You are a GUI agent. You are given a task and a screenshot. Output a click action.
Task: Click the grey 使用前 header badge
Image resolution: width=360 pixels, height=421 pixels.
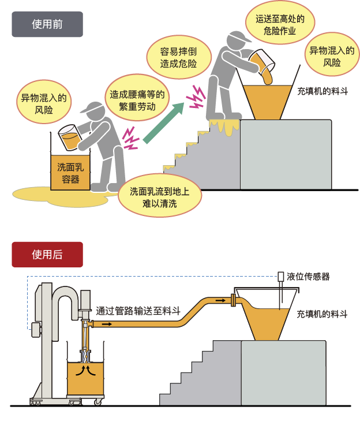pos(47,24)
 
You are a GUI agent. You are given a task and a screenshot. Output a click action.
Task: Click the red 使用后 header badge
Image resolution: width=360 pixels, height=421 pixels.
pos(47,255)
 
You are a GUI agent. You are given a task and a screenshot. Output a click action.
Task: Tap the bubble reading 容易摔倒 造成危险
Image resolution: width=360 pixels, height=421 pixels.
pos(179,57)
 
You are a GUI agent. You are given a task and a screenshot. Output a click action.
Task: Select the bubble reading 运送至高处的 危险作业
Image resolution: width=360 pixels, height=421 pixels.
pos(280,25)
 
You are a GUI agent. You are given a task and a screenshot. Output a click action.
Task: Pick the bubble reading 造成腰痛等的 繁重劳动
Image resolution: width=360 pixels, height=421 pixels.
pos(137,100)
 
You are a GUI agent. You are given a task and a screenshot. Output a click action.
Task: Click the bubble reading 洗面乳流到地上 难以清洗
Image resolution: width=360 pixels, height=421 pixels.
pos(160,197)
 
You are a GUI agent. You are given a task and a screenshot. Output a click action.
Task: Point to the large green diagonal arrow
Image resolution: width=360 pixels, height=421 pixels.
pos(164,122)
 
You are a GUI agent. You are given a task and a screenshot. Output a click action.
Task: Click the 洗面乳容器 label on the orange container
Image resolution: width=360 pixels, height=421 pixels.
pos(70,173)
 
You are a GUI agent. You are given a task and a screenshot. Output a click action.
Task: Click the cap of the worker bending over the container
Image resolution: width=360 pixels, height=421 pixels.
pos(92,107)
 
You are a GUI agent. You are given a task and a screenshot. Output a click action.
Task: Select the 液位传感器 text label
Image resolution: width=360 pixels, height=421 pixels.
pos(308,277)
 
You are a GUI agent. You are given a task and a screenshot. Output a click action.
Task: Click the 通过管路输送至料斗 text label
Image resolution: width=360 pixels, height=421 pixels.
pos(138,311)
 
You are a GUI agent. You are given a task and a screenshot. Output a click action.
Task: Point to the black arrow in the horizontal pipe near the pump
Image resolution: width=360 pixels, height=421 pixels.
pos(107,325)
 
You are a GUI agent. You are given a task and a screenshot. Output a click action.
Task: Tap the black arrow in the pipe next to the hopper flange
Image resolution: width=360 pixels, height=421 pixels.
pos(220,300)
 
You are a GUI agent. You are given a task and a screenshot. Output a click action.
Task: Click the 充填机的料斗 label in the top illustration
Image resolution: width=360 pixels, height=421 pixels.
pos(322,91)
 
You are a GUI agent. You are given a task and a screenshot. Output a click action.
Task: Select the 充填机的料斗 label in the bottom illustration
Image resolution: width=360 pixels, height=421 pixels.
pos(322,314)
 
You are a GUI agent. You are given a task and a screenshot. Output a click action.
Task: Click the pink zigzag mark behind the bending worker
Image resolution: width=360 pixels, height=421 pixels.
pos(130,138)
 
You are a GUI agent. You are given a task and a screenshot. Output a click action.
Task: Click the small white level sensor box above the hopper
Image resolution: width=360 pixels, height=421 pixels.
pos(280,276)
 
